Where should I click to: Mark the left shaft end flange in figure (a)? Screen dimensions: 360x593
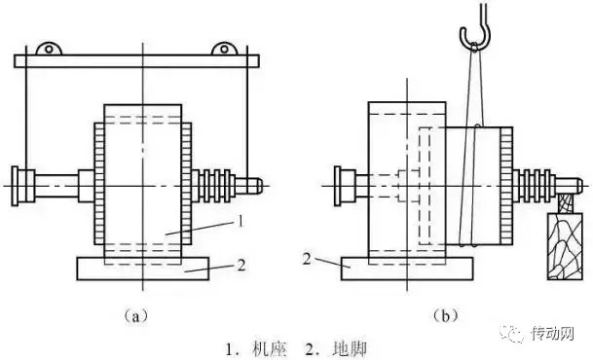18,181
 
